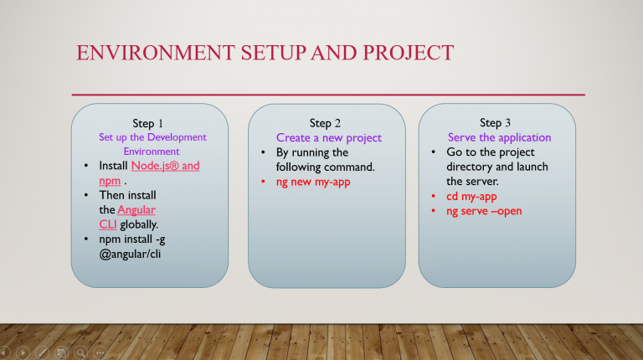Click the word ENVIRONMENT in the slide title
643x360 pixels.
[156, 53]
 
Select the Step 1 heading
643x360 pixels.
[147, 123]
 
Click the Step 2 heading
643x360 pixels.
[325, 123]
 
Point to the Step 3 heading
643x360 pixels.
[495, 123]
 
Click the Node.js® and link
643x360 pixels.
[165, 166]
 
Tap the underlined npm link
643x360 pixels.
[110, 181]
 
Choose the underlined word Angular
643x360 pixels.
[136, 210]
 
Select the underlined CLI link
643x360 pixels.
[108, 224]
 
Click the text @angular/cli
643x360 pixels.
[130, 255]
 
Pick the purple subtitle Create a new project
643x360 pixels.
[329, 138]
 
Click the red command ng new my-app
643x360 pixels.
[313, 182]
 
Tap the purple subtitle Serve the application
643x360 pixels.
[500, 137]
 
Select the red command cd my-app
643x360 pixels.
[471, 197]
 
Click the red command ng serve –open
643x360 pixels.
[484, 211]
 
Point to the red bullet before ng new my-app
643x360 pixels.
[263, 181]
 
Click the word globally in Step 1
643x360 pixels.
[139, 224]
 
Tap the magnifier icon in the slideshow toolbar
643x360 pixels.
[80, 352]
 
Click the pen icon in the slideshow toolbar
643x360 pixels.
[42, 352]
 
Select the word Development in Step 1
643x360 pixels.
[177, 137]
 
